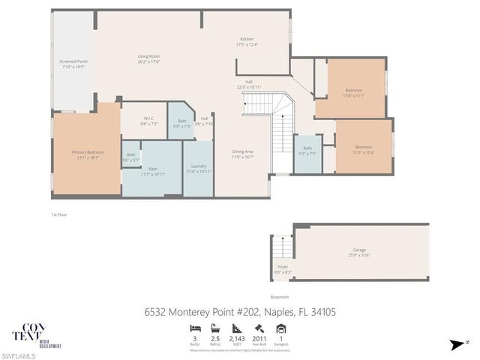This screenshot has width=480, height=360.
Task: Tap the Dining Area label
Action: click(x=244, y=154)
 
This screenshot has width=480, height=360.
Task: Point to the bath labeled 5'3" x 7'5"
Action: click(x=307, y=150)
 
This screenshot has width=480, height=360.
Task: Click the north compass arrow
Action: click(x=455, y=343)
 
